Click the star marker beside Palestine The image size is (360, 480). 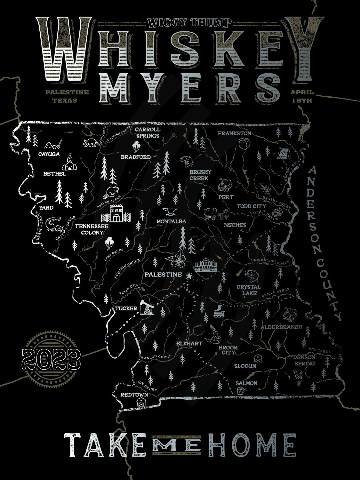coord(189,276)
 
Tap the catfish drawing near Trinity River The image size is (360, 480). coord(55,224)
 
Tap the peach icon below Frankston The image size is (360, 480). coord(243,144)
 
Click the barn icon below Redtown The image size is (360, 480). coord(141,402)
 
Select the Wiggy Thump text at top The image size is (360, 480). coord(189,22)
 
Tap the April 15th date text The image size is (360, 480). coord(302,96)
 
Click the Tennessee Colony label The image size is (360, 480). coord(92,229)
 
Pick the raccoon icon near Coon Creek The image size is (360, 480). coord(91,143)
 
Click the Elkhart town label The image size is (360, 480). coord(189,343)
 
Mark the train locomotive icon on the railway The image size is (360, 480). coord(219,310)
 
